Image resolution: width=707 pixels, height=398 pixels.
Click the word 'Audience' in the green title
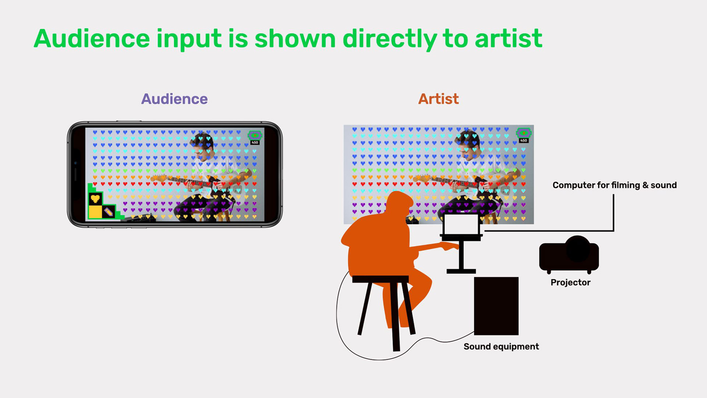point(92,39)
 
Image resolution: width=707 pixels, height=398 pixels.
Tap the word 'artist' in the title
point(509,39)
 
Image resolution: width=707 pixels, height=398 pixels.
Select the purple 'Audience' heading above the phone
point(175,99)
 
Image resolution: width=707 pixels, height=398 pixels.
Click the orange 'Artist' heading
point(439,99)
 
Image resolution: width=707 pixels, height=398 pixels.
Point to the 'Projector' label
point(570,283)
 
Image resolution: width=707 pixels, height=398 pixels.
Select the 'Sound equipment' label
point(501,347)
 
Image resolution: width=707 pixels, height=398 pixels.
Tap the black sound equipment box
point(496,306)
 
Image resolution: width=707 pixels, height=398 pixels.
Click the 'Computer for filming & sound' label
point(615,185)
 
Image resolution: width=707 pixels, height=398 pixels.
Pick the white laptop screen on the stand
point(461,224)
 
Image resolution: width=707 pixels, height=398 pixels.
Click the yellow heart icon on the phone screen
point(95,199)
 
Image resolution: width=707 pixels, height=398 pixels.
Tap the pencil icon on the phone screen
point(108,212)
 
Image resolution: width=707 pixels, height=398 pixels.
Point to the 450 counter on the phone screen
point(255,143)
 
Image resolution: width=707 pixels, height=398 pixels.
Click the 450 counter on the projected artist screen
point(524,140)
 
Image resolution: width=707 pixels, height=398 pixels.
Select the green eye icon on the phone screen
point(254,135)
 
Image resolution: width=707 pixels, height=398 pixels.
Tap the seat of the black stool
point(380,279)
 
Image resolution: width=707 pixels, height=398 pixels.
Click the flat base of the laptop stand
point(461,271)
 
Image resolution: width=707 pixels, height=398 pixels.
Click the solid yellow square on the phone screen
point(95,212)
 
